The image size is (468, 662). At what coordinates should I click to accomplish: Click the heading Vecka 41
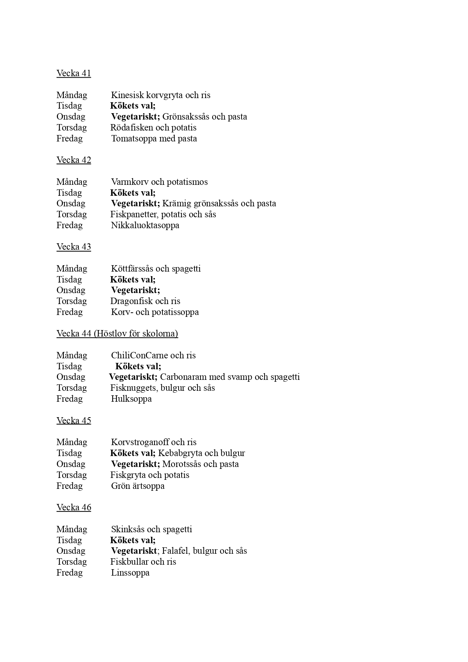(74, 73)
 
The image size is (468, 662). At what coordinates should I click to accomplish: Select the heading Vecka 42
(74, 160)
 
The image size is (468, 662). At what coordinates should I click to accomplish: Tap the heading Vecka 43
(74, 247)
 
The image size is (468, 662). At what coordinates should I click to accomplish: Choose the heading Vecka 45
(74, 421)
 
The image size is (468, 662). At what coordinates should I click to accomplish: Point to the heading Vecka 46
(74, 507)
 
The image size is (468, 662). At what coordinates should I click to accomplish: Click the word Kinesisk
(127, 95)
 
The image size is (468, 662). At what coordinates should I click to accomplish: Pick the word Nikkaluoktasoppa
(145, 225)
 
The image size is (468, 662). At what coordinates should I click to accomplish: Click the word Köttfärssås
(132, 269)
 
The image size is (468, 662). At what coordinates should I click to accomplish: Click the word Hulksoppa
(131, 399)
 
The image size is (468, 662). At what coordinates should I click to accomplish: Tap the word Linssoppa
(130, 573)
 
